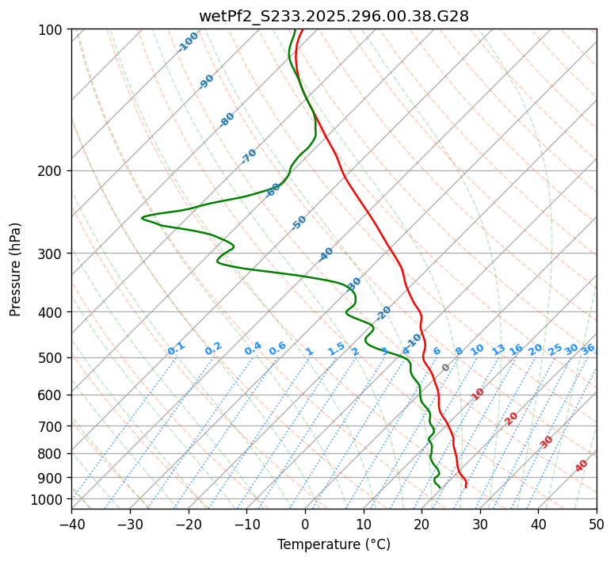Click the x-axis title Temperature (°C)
334,544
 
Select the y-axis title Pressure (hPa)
16,269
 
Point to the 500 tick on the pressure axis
52,357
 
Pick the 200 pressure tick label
52,170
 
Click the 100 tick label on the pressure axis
52,29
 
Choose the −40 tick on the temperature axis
71,524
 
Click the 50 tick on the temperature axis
597,524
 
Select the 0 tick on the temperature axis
305,524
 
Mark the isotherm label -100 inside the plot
188,42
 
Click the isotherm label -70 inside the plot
249,156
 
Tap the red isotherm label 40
582,466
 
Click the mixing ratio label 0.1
176,348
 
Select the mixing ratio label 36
588,349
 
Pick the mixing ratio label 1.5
337,348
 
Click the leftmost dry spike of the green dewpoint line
143,217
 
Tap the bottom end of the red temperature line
466,487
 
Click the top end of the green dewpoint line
296,29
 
